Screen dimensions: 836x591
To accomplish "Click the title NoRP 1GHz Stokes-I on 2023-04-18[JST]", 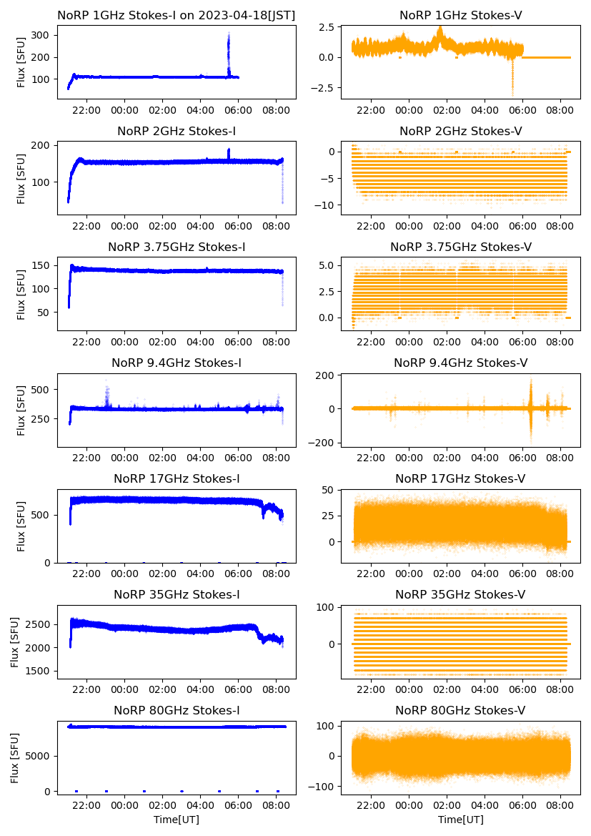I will click(x=176, y=15).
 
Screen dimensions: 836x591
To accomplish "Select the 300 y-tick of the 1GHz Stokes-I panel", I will click(x=44, y=35).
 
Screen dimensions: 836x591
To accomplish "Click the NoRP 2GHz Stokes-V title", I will click(x=460, y=131).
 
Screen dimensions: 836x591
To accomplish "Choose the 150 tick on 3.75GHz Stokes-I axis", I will click(x=44, y=266).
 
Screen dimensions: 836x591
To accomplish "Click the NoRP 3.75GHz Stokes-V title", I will click(x=460, y=247).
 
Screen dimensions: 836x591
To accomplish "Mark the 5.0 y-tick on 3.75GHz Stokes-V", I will click(x=332, y=265).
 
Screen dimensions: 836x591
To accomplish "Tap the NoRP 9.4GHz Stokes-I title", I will click(x=176, y=363).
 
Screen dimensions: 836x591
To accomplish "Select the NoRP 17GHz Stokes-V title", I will click(x=460, y=478).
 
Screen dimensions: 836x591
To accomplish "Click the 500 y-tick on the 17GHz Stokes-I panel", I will click(x=44, y=515).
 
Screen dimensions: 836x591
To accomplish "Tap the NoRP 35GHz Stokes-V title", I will click(x=460, y=594).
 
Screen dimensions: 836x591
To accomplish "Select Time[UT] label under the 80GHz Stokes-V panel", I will click(x=460, y=820).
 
